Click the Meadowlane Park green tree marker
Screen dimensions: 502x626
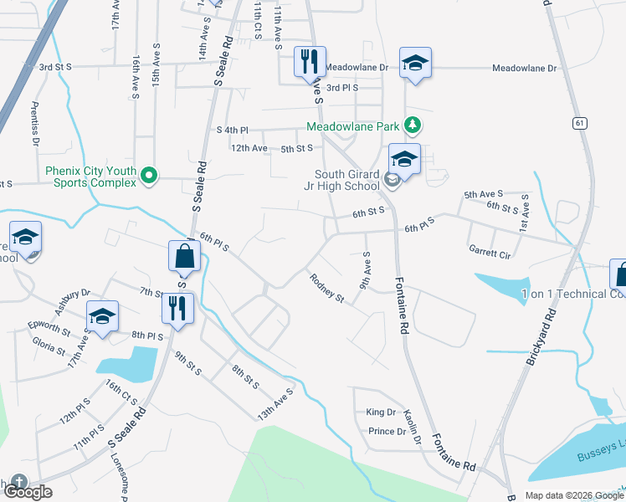coord(411,125)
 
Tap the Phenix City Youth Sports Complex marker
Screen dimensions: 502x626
coord(149,176)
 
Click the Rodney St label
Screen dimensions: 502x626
coord(326,287)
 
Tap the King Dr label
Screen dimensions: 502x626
coord(380,412)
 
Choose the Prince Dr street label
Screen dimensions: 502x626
coord(387,432)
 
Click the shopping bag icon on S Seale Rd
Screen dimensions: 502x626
coord(184,256)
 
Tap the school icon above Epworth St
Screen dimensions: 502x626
coord(102,316)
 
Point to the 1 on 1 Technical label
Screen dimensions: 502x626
coord(572,294)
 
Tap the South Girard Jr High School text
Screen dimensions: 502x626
coord(343,181)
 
